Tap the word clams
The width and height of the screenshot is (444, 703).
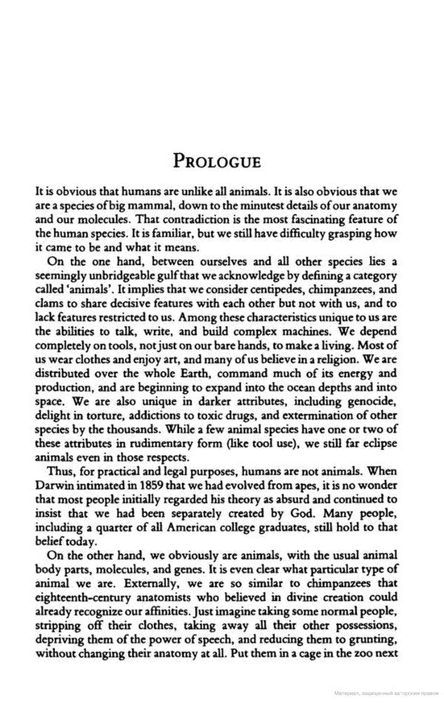[48, 302]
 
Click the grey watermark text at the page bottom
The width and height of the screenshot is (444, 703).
[377, 695]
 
